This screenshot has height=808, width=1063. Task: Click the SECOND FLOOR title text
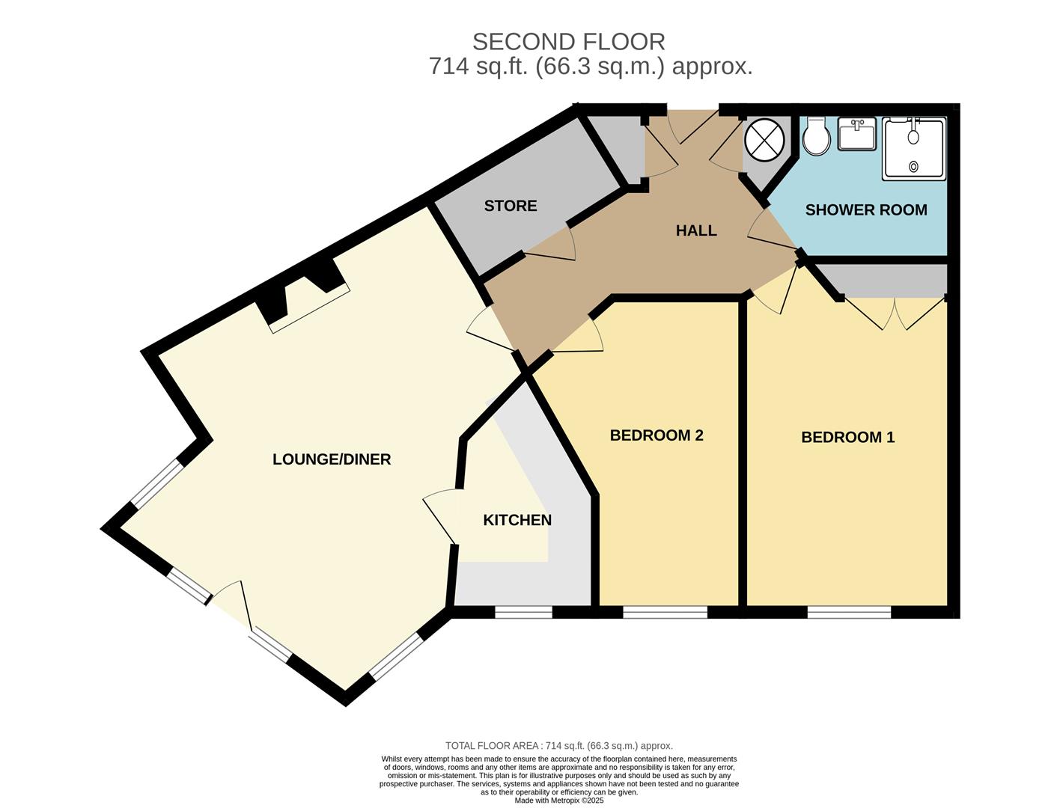568,41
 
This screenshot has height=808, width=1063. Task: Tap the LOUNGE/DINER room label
332,459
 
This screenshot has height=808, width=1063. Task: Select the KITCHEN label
517,520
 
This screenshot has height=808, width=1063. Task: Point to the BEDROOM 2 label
657,435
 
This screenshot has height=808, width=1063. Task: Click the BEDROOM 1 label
847,437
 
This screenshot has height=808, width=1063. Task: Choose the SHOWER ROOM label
866,210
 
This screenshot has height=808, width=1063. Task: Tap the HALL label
696,230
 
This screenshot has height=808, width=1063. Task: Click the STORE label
511,206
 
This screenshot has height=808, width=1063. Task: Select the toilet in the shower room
815,137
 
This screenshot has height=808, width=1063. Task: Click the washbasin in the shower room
856,135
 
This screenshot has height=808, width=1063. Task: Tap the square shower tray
914,149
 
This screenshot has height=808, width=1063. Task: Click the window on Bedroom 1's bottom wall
849,612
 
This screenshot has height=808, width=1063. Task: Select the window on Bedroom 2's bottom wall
665,612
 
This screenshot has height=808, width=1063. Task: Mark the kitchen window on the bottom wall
523,612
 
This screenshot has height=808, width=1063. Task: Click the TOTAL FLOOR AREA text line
558,746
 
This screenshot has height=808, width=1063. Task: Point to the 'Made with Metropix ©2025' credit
558,801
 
